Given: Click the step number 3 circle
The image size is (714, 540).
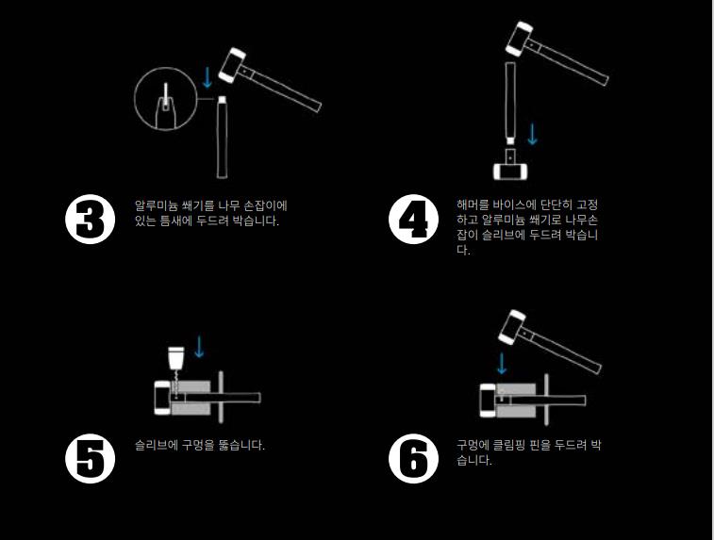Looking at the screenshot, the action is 91,220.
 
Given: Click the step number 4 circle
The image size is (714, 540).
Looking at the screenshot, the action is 413,220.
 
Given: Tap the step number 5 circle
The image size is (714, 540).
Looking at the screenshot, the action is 91,458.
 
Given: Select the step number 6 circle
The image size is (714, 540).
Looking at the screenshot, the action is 413,458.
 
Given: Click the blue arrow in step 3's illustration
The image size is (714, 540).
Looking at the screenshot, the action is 208,78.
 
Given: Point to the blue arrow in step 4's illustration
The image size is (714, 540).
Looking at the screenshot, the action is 532,134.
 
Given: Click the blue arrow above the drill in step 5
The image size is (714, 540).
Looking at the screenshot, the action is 199,347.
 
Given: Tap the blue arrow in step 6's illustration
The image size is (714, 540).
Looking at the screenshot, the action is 502,364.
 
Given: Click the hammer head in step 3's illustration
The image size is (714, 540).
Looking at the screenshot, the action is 232,65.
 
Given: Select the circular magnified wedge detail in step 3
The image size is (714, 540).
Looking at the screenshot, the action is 166,99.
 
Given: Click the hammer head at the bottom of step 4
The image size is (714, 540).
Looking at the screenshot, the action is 511,172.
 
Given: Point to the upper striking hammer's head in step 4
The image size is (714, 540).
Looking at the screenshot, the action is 520,39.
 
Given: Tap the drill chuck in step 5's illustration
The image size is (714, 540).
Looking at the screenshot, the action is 175,357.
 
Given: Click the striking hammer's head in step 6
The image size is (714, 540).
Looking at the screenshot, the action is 512,328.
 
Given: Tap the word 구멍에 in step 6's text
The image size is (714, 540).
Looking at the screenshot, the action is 473,445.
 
